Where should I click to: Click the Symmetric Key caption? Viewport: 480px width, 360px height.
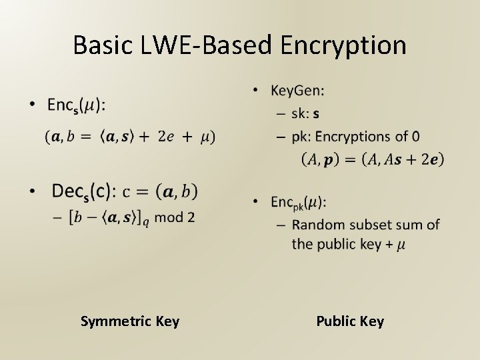130,321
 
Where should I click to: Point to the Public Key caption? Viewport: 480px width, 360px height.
350,321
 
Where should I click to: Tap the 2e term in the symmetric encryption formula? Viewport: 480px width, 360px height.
167,137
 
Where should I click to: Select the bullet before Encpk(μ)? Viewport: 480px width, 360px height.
257,201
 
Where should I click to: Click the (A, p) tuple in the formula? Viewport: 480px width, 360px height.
319,159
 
